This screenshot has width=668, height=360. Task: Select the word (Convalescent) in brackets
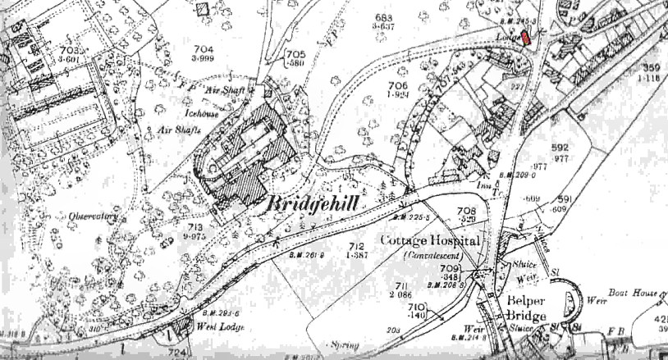pos(432,256)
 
